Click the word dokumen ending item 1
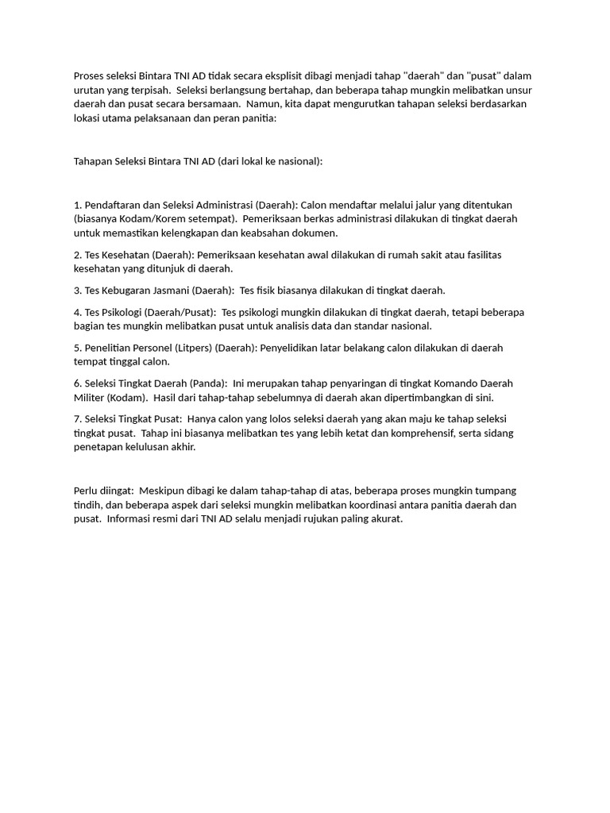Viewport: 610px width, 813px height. click(315, 233)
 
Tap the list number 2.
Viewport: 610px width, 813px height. click(77, 255)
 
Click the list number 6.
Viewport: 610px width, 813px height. click(77, 383)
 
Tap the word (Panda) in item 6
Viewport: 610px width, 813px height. click(208, 383)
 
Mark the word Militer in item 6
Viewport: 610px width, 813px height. click(89, 398)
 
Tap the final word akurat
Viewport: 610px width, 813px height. click(385, 519)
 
